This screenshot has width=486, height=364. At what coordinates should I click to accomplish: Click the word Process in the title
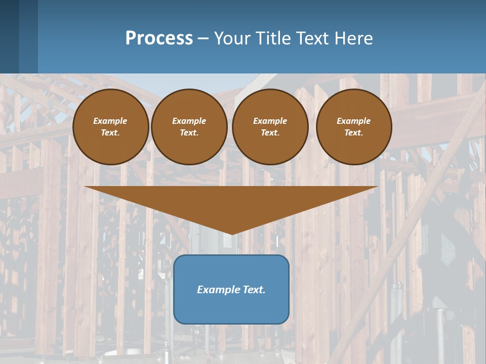tap(159, 38)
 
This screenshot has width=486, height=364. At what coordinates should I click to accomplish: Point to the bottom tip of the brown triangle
tap(231, 234)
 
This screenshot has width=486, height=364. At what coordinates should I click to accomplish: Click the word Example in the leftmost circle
tap(110, 121)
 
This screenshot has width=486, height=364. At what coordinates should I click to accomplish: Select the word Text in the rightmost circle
tap(353, 132)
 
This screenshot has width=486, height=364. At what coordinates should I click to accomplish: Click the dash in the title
tap(203, 38)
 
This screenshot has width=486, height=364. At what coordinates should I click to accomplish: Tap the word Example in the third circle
tap(270, 121)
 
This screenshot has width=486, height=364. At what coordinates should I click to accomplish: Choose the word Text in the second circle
tap(189, 132)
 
